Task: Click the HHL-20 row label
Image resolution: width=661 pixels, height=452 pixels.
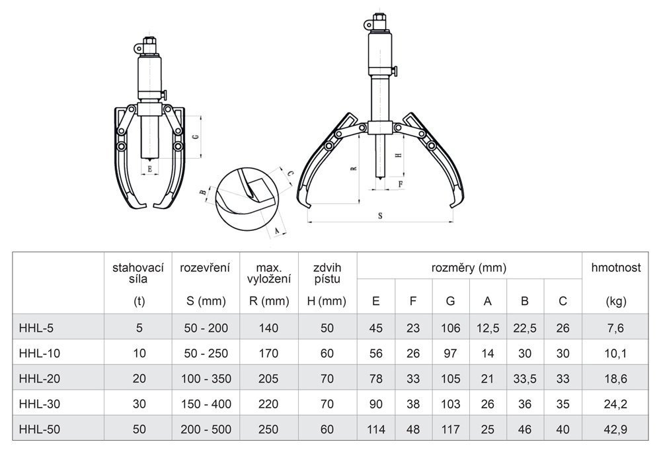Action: [39, 379]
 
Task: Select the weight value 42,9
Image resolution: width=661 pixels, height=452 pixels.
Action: [615, 429]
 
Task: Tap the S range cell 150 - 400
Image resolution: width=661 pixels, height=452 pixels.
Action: [206, 404]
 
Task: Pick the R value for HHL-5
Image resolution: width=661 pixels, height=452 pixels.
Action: [268, 328]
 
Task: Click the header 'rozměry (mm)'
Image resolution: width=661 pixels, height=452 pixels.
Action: [469, 267]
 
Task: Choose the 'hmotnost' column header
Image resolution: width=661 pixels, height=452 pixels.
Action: [616, 267]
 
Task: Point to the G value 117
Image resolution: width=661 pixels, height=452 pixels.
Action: [450, 429]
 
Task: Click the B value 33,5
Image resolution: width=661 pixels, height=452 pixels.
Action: [525, 379]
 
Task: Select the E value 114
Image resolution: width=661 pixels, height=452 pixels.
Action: [375, 429]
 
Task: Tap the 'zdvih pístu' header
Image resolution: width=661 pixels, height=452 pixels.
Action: [327, 273]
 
